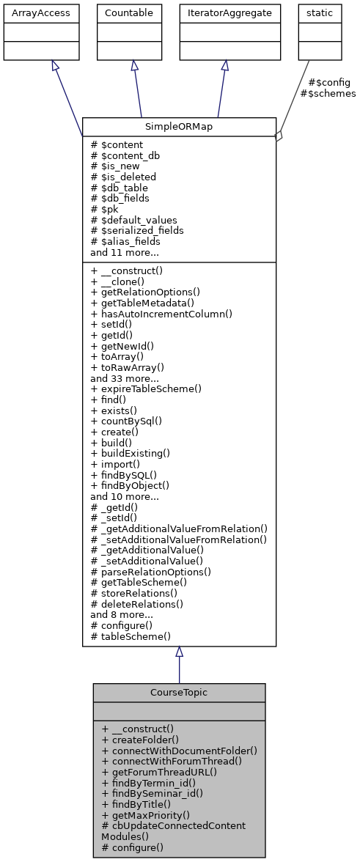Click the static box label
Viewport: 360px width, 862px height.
point(319,12)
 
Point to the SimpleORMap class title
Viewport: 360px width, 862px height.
point(179,126)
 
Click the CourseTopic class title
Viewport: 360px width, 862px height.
point(179,692)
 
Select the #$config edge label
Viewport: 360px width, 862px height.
point(329,83)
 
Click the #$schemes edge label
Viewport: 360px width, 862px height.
point(328,94)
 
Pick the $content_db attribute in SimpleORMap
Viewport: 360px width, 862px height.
point(125,155)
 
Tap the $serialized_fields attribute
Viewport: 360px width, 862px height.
point(136,230)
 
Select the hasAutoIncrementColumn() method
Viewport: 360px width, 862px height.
point(161,314)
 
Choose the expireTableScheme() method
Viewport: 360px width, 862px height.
point(146,388)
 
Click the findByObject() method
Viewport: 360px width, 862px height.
point(130,485)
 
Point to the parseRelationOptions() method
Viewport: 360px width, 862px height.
point(150,571)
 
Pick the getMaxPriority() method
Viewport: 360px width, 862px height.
point(146,815)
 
